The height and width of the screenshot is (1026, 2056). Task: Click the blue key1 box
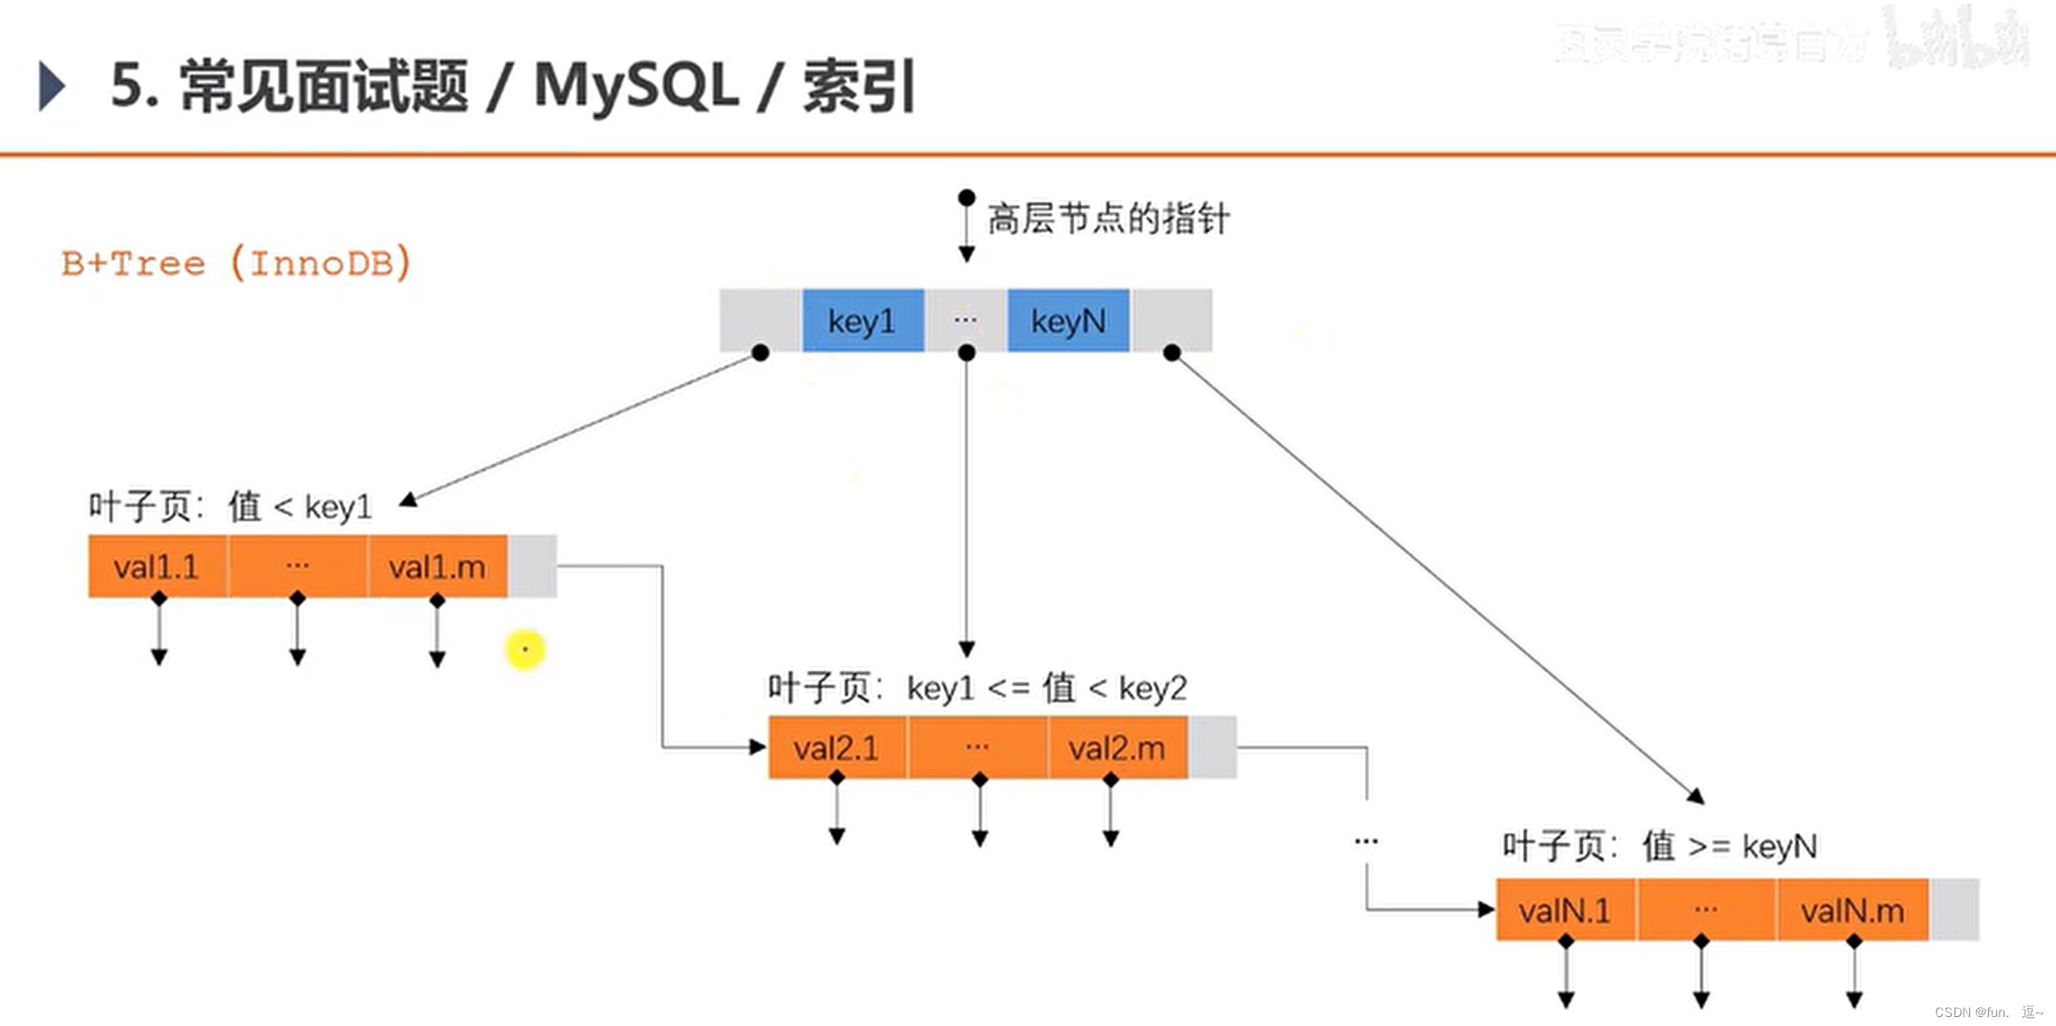pos(862,320)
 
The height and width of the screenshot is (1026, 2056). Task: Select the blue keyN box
pos(1068,320)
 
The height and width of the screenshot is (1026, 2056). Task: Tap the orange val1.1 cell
pos(157,567)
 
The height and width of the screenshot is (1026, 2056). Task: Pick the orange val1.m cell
pos(437,567)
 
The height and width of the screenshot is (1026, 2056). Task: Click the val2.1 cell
pos(836,747)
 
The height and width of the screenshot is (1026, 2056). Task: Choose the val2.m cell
pos(1117,747)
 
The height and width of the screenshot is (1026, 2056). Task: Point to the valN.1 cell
pos(1565,910)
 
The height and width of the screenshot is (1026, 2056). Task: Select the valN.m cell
pos(1852,910)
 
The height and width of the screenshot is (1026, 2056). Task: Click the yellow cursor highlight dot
pos(525,650)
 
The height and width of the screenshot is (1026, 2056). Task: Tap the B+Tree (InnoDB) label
pos(236,263)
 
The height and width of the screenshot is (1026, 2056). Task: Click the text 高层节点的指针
pos(1108,219)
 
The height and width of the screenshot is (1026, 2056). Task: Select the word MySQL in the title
pos(635,86)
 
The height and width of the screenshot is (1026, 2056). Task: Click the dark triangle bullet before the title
pos(52,86)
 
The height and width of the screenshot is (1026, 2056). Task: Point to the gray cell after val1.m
pos(532,567)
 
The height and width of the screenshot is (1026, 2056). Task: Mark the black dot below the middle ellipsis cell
pos(966,353)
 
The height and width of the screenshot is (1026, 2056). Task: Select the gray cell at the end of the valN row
pos(1954,910)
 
